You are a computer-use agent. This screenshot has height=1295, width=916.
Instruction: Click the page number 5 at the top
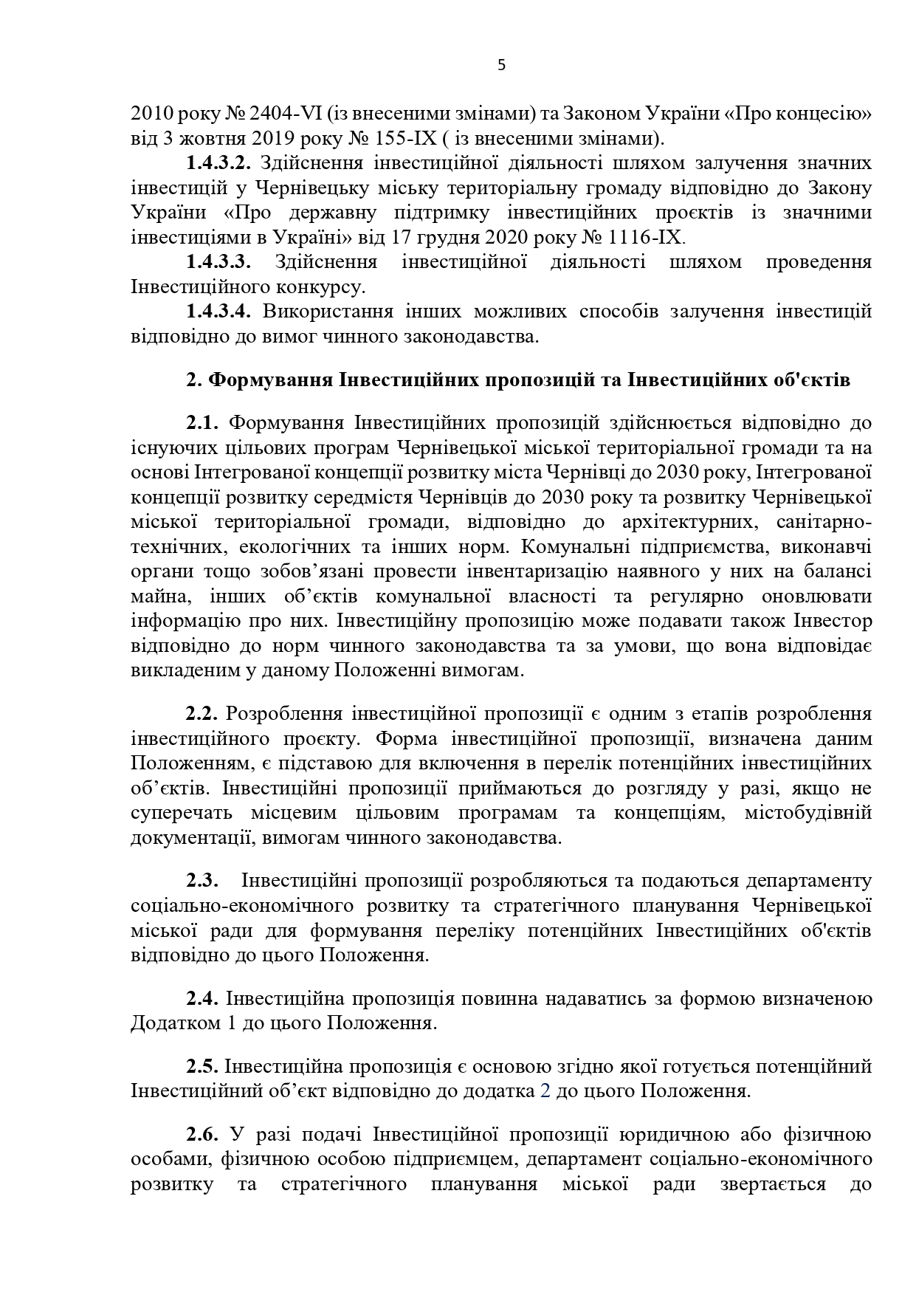502,65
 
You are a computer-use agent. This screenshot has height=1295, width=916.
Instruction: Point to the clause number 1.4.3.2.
218,162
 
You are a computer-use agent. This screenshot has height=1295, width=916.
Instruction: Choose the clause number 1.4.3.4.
218,312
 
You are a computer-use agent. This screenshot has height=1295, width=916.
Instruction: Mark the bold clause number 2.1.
202,423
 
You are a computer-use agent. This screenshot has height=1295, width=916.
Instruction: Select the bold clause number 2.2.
202,714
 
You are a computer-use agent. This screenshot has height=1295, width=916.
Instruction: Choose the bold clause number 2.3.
202,881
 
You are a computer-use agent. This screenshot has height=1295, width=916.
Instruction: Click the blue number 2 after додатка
545,1091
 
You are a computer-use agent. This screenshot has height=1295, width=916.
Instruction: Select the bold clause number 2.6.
202,1135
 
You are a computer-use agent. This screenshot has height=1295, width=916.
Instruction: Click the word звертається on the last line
772,1184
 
